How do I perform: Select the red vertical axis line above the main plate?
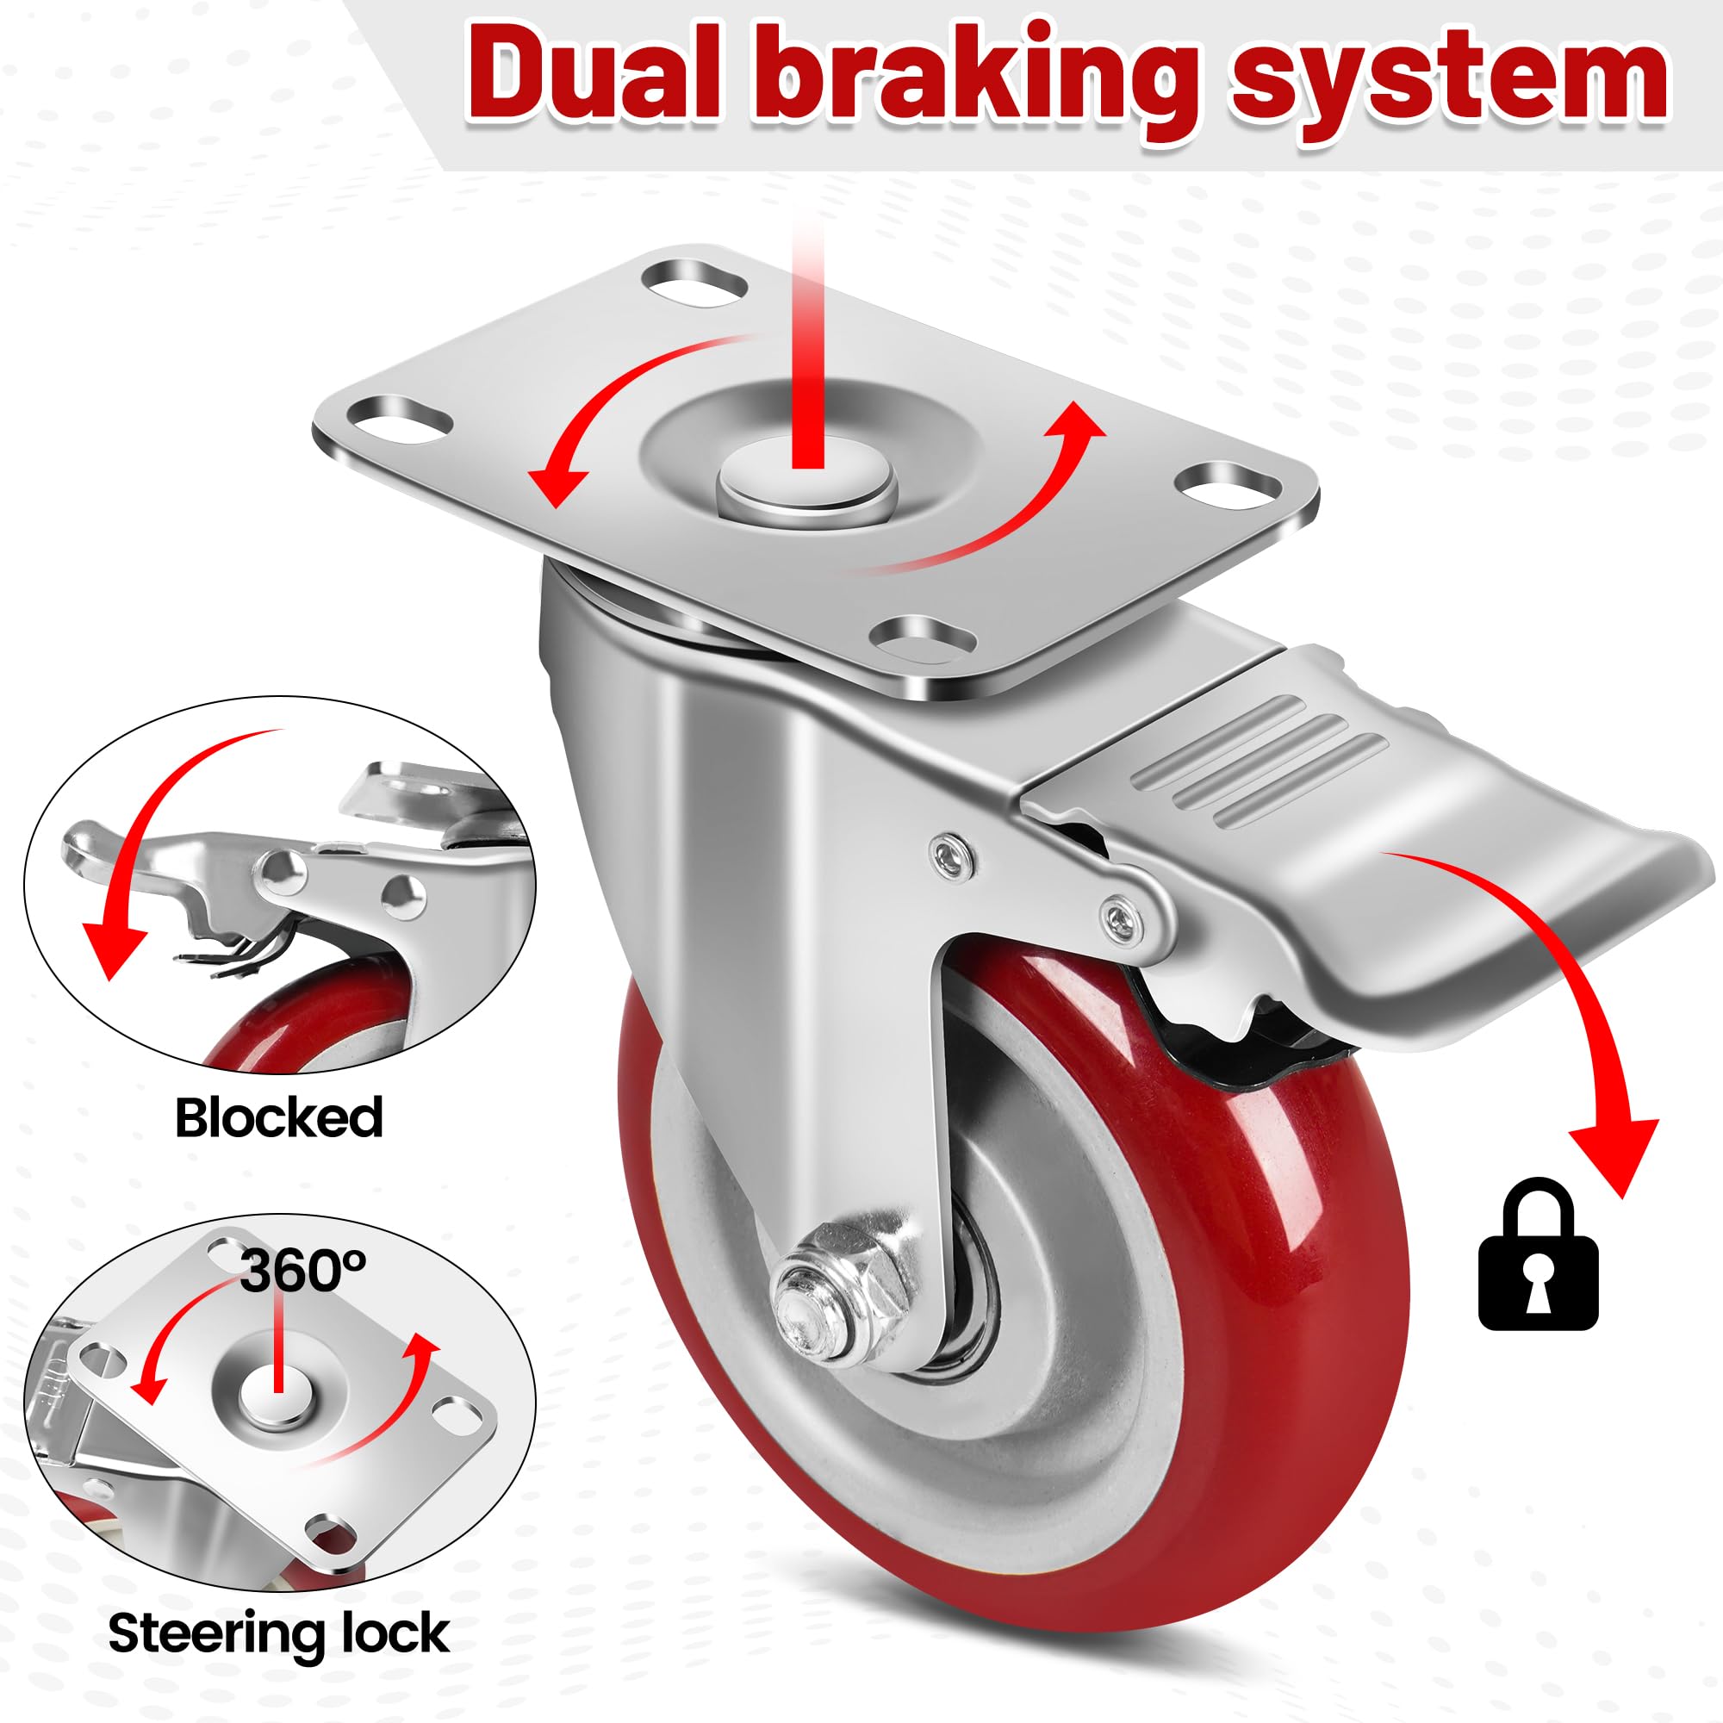click(x=807, y=344)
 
